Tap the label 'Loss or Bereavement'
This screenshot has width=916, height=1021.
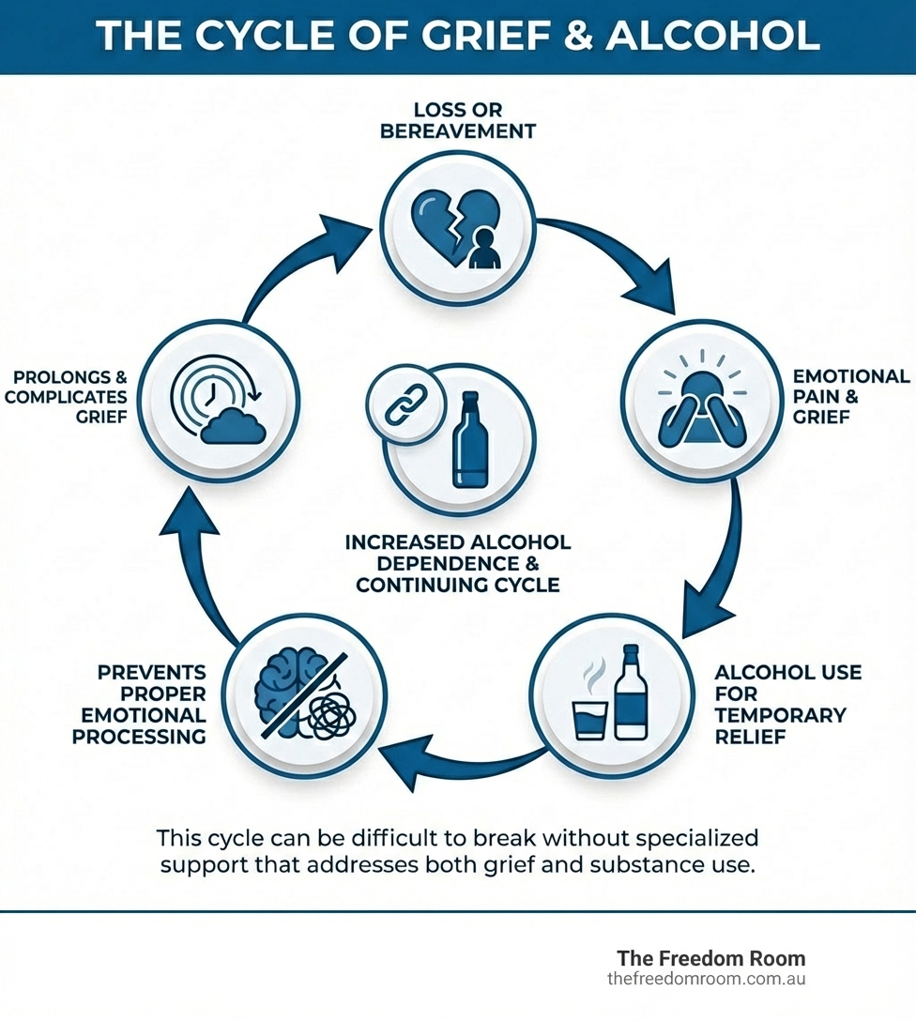(x=458, y=121)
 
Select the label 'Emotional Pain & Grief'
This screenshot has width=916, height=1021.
(x=850, y=396)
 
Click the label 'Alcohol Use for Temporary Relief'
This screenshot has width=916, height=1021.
(x=786, y=705)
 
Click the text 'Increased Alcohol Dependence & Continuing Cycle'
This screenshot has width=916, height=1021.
(x=458, y=563)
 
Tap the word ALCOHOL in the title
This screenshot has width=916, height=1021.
(x=713, y=36)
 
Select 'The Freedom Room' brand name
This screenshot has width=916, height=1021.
(x=710, y=958)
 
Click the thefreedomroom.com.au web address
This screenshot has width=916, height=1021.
(x=706, y=978)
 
